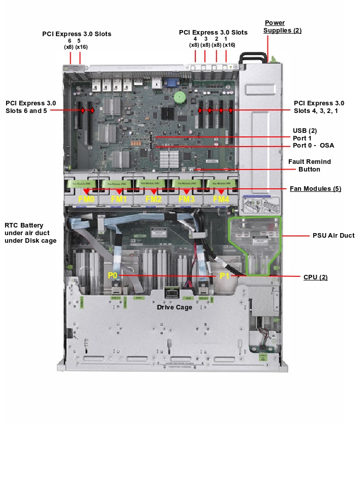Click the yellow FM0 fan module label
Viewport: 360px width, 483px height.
click(87, 199)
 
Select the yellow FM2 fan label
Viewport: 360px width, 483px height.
click(154, 199)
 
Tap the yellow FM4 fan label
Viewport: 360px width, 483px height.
click(221, 199)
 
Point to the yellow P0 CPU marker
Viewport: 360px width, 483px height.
click(112, 275)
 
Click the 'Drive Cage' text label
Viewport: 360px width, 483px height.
click(174, 307)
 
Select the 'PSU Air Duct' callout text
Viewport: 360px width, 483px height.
click(333, 236)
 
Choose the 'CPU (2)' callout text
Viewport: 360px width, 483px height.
click(315, 277)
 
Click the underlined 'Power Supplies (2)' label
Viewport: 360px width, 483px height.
click(282, 26)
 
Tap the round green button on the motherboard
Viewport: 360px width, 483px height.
click(178, 96)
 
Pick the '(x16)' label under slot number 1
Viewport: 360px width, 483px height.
click(229, 45)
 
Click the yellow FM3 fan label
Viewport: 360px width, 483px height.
click(186, 199)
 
